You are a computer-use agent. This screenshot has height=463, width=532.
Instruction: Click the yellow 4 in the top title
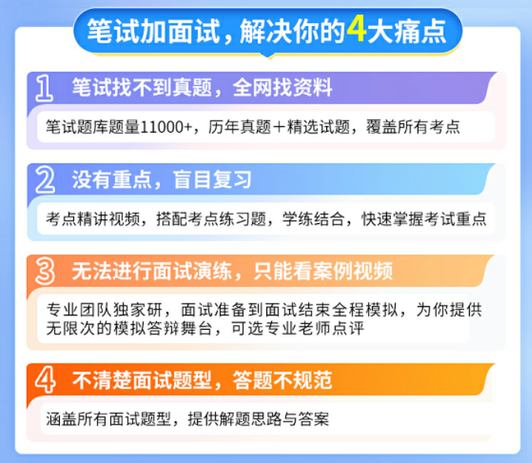(356, 30)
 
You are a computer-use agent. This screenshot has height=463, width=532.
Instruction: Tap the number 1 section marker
(44, 88)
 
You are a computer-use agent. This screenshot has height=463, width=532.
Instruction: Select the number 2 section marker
(45, 180)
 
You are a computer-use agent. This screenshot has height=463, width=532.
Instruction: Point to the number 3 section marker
(45, 271)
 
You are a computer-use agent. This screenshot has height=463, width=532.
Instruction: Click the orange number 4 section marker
(45, 380)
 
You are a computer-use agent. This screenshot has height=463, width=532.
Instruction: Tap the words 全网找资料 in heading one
(282, 88)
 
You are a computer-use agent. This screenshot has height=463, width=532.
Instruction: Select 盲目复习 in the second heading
(212, 180)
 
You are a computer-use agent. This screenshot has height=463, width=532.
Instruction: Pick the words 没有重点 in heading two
(111, 180)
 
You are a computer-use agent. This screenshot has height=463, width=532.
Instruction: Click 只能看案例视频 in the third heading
(323, 271)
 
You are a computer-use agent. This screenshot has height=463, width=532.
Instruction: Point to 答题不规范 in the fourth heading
(282, 380)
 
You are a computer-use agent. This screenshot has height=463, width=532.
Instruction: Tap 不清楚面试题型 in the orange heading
(142, 380)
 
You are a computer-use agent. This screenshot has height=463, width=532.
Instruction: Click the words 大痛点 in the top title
(407, 32)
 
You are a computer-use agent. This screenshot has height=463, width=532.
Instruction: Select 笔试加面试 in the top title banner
(154, 32)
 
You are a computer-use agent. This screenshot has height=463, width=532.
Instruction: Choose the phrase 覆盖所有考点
(413, 127)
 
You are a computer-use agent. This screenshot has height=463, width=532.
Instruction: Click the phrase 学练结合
(314, 219)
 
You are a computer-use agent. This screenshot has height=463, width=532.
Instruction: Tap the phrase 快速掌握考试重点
(424, 219)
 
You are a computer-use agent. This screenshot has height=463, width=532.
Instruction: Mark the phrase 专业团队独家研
(104, 309)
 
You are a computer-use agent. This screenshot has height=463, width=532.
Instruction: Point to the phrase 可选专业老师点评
(298, 328)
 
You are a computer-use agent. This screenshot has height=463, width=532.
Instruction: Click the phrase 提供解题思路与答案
(259, 419)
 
